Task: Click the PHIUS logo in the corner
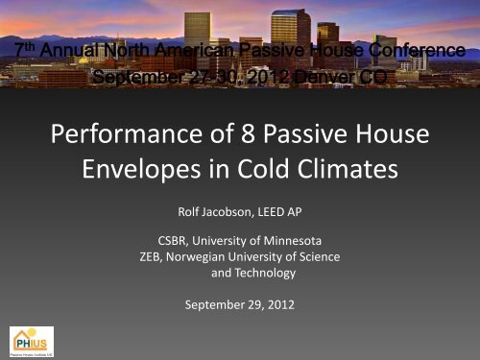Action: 32,340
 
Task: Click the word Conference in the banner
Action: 402,47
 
